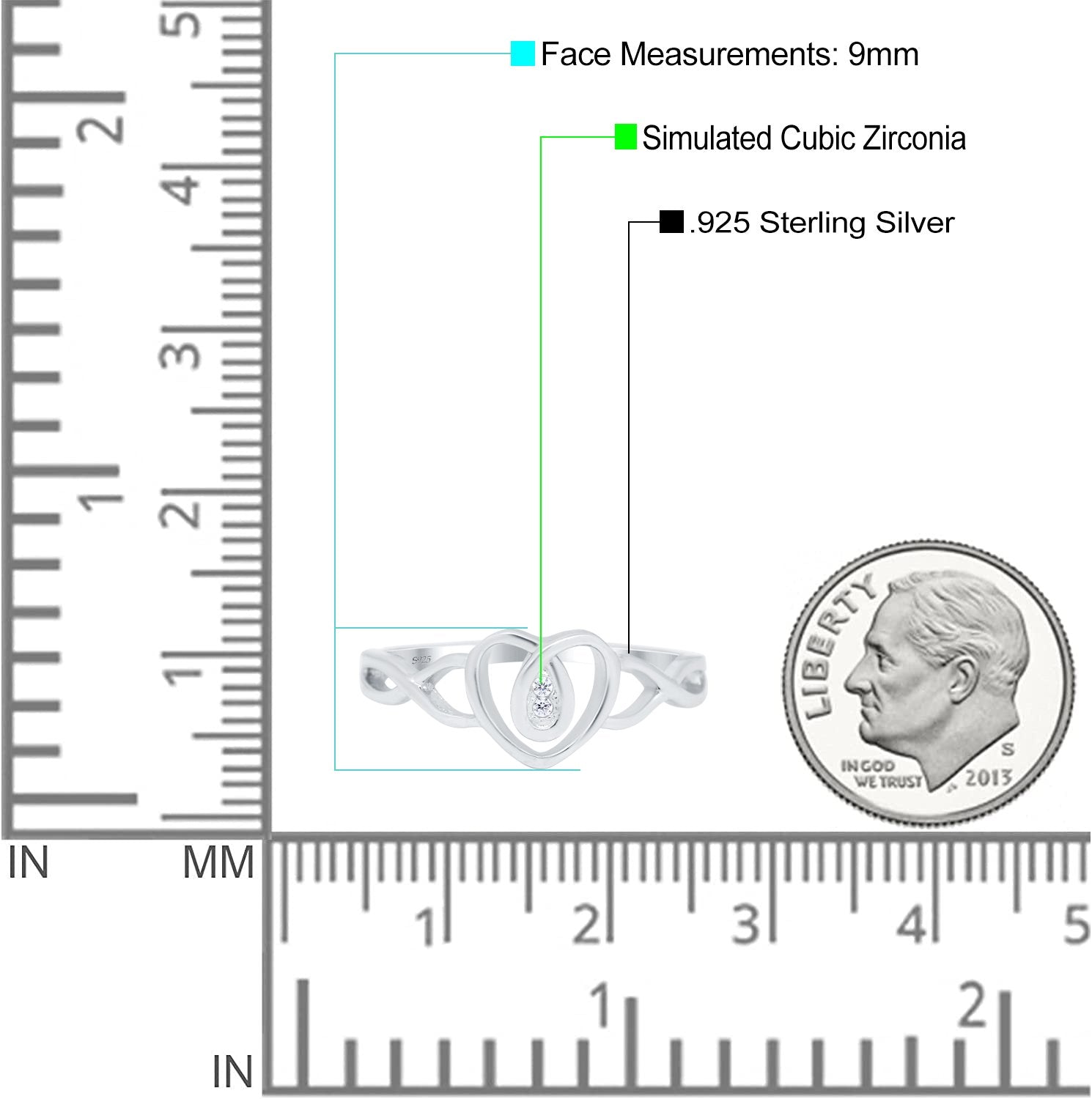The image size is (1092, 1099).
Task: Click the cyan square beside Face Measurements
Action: click(x=523, y=53)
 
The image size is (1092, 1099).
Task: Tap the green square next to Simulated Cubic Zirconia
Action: click(x=625, y=137)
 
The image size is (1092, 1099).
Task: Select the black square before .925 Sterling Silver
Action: click(x=671, y=221)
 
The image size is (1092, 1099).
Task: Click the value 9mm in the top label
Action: click(x=883, y=55)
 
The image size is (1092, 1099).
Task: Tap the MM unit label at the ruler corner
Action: click(x=218, y=862)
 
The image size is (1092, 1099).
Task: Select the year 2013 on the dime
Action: click(x=988, y=777)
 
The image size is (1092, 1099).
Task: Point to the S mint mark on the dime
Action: click(x=1008, y=750)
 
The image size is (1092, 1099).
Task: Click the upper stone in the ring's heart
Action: click(x=542, y=687)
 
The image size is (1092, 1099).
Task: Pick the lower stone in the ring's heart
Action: click(x=542, y=707)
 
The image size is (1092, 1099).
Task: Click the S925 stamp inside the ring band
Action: click(x=421, y=660)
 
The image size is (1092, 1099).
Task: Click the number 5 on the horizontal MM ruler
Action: click(x=1076, y=925)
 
